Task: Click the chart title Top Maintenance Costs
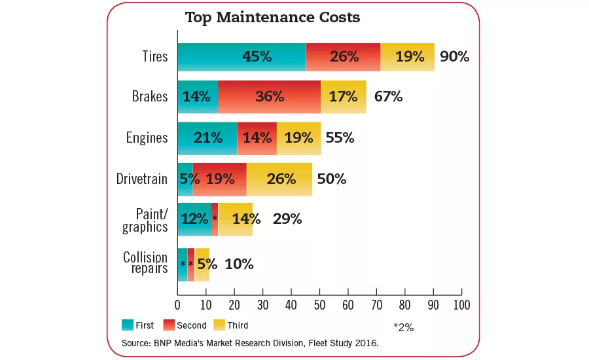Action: (272, 18)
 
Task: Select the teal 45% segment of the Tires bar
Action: (241, 57)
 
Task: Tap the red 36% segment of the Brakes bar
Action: (269, 97)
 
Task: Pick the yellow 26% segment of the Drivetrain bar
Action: (279, 179)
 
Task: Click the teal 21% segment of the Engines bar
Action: (207, 138)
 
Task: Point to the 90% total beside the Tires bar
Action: (454, 57)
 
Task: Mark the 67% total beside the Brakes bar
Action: (388, 97)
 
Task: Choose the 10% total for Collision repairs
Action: (239, 264)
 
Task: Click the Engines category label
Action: (147, 138)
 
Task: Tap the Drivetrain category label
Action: (142, 179)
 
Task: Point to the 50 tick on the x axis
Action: (319, 304)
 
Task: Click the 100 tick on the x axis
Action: (461, 304)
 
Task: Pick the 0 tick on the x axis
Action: (177, 304)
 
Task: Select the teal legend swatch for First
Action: (128, 325)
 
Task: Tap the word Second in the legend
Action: (191, 325)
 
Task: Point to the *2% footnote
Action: (403, 327)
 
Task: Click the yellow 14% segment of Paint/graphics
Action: (236, 219)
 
